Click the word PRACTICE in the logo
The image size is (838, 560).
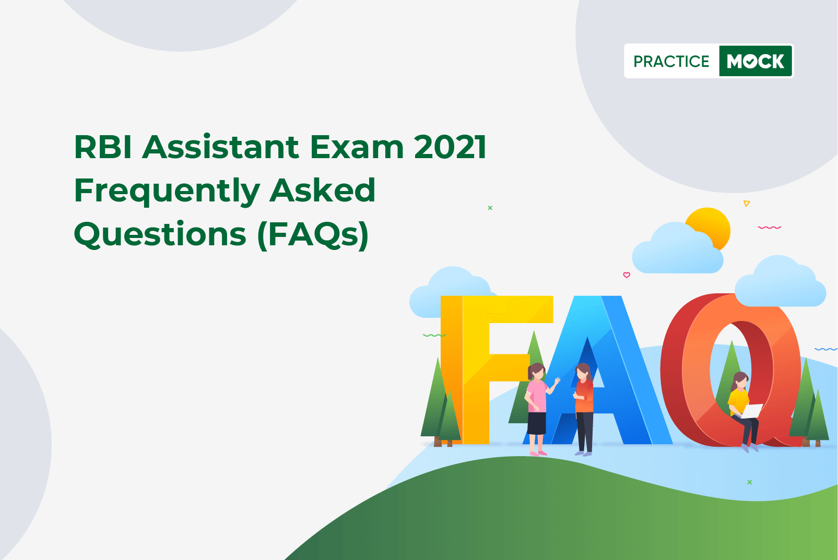coord(671,61)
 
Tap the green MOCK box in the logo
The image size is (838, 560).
coord(756,61)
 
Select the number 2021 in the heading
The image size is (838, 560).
coord(450,147)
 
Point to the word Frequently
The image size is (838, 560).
coord(167,192)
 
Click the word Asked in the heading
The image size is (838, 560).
coord(323,190)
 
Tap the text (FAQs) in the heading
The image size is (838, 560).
coord(313,235)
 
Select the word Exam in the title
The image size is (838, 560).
coord(357,147)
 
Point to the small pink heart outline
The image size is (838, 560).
coord(627,275)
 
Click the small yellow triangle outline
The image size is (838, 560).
coord(746,204)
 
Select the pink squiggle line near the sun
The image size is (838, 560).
coord(769,228)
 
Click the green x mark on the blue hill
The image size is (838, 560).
coord(749,482)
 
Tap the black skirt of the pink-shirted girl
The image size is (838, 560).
coord(536,423)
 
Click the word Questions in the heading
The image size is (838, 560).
coord(160,235)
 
